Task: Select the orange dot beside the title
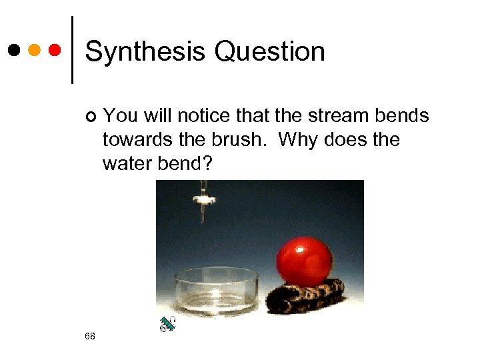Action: tap(35, 50)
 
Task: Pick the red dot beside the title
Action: tap(55, 50)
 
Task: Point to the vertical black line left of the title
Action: tap(71, 50)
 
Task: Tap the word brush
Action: tap(241, 140)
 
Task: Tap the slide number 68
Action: tap(90, 335)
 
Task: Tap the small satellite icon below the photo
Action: tap(167, 325)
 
